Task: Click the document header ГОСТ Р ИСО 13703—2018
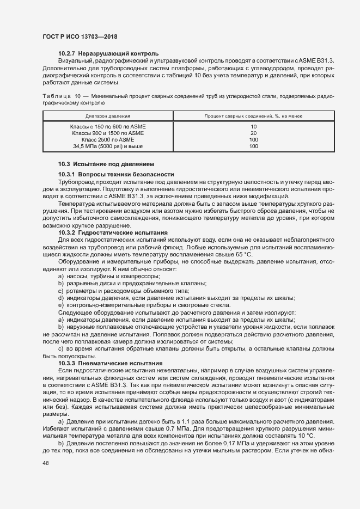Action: coord(80,36)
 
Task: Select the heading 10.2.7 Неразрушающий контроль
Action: coord(108,54)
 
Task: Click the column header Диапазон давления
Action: coord(108,116)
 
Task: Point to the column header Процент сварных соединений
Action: coord(253,116)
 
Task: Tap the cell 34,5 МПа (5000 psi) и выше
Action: coord(108,146)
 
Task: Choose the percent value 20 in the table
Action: coord(253,133)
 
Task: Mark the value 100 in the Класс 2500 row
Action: coord(253,139)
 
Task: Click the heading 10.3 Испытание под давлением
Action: coord(106,164)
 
